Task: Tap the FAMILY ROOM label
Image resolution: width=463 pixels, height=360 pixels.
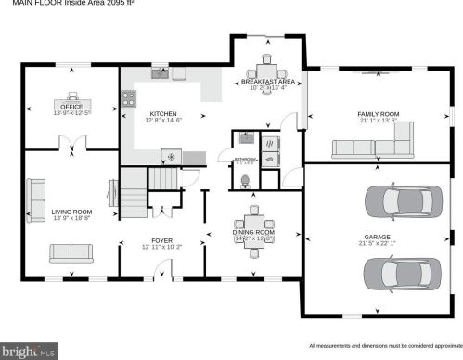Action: click(x=378, y=114)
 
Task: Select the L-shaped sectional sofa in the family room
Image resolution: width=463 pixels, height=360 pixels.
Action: click(x=372, y=145)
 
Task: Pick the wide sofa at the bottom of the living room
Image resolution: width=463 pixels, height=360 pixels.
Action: click(x=71, y=251)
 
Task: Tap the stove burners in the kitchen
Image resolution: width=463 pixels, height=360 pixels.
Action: click(x=126, y=96)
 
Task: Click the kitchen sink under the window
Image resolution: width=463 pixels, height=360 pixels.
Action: click(x=159, y=74)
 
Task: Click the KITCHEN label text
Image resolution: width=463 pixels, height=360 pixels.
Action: click(x=163, y=114)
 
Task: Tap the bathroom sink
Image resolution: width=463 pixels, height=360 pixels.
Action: click(x=247, y=139)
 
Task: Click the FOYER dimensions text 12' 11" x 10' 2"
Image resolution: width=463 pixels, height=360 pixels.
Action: click(x=162, y=248)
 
